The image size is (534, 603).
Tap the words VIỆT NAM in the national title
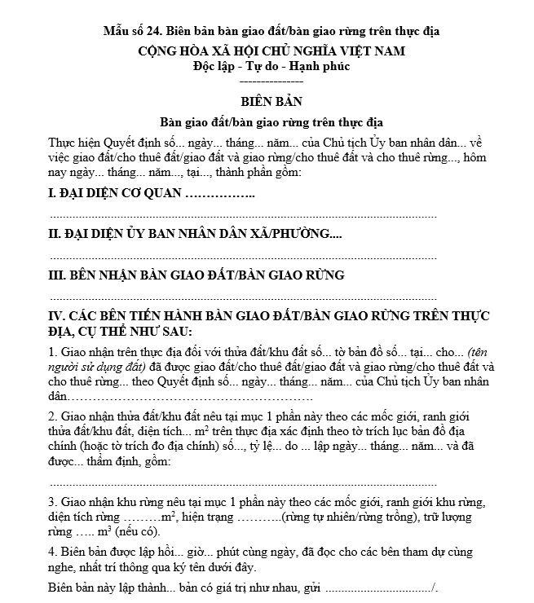pos(367,51)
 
